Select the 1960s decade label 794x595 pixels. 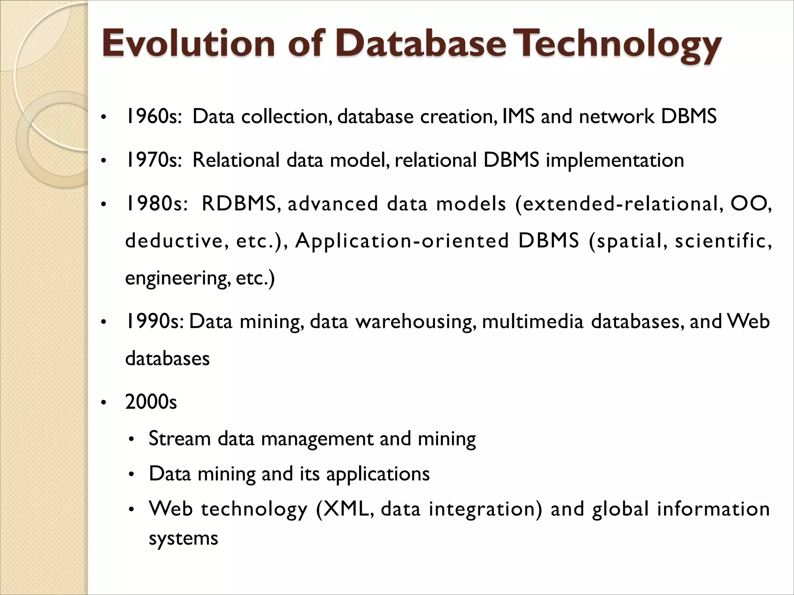point(154,117)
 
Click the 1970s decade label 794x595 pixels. point(154,160)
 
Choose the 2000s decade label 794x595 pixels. point(151,402)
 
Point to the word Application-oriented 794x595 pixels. point(402,241)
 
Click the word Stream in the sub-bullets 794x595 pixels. point(180,439)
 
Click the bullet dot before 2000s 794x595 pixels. point(103,403)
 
